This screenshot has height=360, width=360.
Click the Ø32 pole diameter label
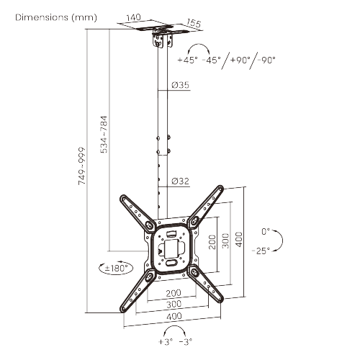pos(180,181)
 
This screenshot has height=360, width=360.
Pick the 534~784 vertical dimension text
pos(104,132)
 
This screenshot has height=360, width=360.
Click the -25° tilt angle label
pos(261,251)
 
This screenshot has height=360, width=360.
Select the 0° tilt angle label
pos(266,231)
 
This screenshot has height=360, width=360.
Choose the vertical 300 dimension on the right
pos(225,240)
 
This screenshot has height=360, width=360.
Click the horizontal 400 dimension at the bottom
pos(174,317)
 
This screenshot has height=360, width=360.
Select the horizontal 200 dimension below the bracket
pos(173,293)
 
